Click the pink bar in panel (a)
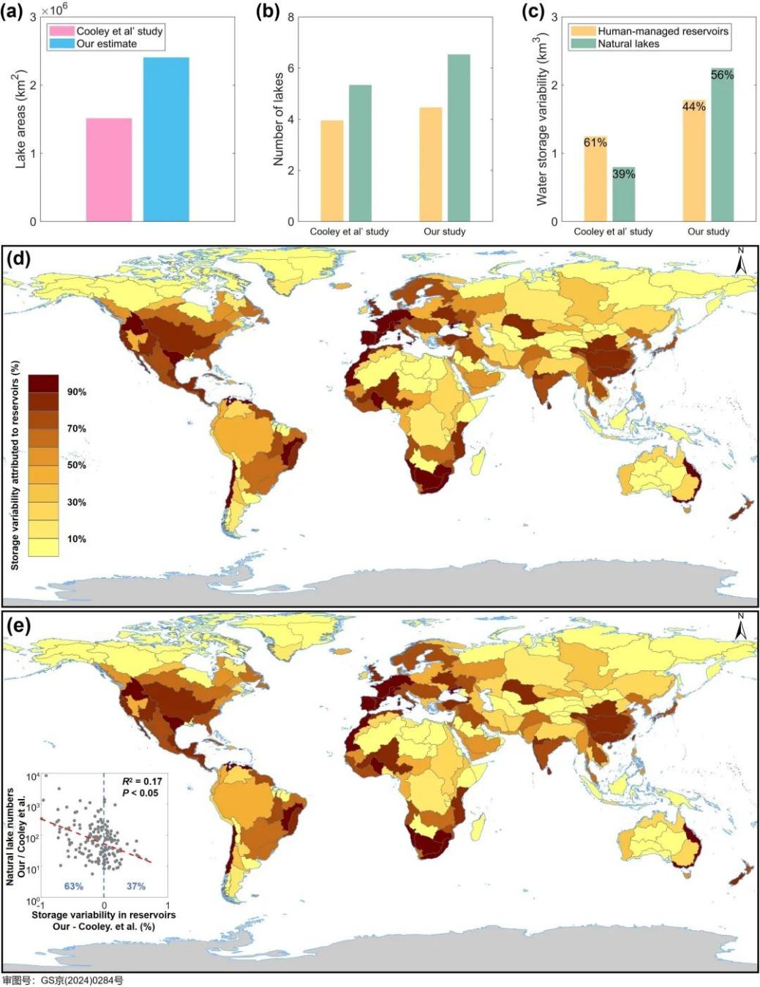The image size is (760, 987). (x=109, y=170)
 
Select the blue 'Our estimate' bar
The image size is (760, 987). (x=166, y=139)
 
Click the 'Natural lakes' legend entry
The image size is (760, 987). (x=628, y=44)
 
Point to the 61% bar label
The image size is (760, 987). (x=595, y=143)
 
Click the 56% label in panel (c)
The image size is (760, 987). (x=722, y=75)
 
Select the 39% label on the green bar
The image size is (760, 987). (x=623, y=174)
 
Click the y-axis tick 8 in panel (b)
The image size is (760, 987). (x=290, y=17)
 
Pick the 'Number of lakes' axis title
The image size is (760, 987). (x=279, y=119)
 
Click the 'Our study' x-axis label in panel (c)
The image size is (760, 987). (x=708, y=231)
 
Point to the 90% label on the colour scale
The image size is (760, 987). (x=77, y=392)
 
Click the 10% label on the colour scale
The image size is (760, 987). (x=77, y=539)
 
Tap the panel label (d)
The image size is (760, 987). (x=18, y=259)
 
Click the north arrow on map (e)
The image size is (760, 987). (x=741, y=627)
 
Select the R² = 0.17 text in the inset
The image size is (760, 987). (x=142, y=781)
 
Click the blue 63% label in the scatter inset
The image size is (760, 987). (x=73, y=886)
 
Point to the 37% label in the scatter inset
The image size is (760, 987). (x=136, y=886)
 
